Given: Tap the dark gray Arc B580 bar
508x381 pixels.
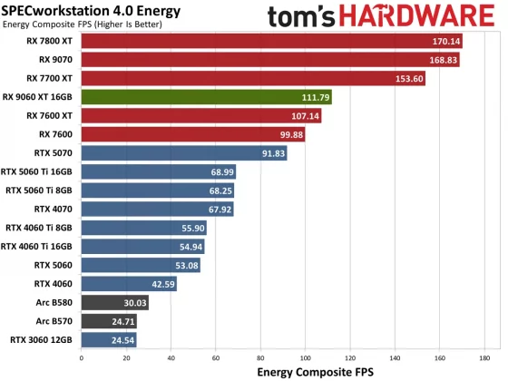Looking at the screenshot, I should pyautogui.click(x=114, y=303).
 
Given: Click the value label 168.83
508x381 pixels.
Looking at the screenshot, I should pyautogui.click(x=444, y=60).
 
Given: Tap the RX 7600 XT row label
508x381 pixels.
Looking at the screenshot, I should pyautogui.click(x=50, y=116).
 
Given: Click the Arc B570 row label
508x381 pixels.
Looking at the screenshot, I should pyautogui.click(x=54, y=321).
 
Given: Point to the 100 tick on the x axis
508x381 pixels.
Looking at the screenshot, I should pyautogui.click(x=305, y=357).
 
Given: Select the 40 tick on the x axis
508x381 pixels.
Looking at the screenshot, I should pyautogui.click(x=171, y=357).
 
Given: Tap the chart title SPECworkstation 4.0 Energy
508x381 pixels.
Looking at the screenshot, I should pyautogui.click(x=91, y=11).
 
